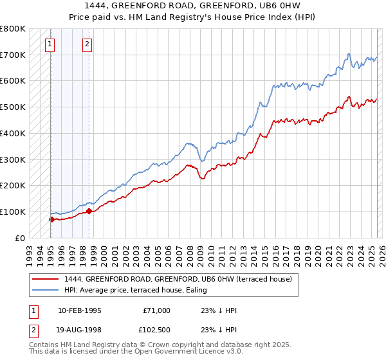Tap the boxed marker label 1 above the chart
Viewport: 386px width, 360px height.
(x=50, y=44)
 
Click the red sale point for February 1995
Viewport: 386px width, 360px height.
(x=51, y=219)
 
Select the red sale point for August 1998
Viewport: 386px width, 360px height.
(x=88, y=211)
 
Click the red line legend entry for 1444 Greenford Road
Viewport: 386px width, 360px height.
(x=178, y=279)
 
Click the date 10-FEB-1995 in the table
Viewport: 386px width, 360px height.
(x=79, y=310)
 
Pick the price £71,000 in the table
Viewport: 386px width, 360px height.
(x=156, y=310)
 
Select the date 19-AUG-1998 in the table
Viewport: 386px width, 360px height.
(x=79, y=331)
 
